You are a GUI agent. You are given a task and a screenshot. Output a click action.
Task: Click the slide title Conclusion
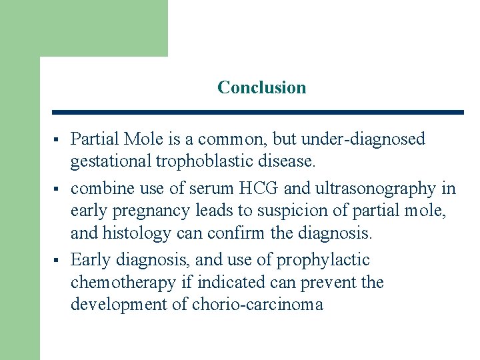(261, 87)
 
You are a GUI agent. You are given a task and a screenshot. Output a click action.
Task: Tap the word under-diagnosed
(363, 139)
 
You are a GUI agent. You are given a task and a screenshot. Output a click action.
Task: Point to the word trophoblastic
(193, 161)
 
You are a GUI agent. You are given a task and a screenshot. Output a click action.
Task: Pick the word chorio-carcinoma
(257, 305)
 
